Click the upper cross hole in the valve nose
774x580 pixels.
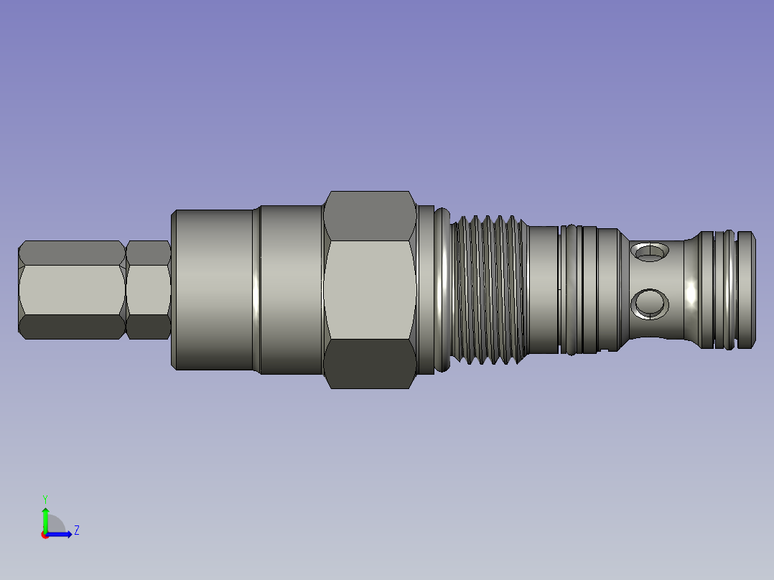[650, 252]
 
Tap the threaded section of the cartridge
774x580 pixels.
[488, 290]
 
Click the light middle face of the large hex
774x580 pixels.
[370, 290]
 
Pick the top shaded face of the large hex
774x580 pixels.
[370, 216]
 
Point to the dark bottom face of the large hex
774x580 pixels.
[370, 364]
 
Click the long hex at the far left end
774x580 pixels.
[72, 290]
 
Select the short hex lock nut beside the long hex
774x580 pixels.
[148, 290]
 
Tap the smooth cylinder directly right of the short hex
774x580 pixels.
[213, 290]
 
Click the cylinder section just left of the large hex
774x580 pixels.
[291, 290]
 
